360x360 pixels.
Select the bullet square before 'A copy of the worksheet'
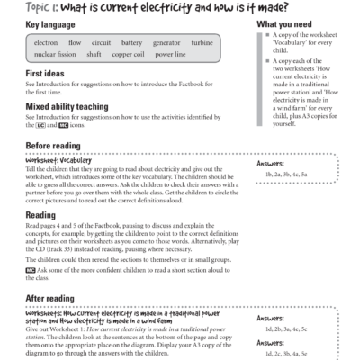260,36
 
